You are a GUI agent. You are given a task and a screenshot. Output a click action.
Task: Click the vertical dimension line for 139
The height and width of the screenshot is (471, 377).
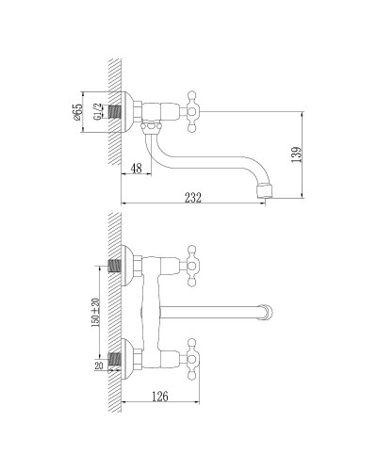tap(303, 155)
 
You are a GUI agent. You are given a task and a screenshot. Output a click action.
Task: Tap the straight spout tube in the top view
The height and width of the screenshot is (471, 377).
tap(217, 310)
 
